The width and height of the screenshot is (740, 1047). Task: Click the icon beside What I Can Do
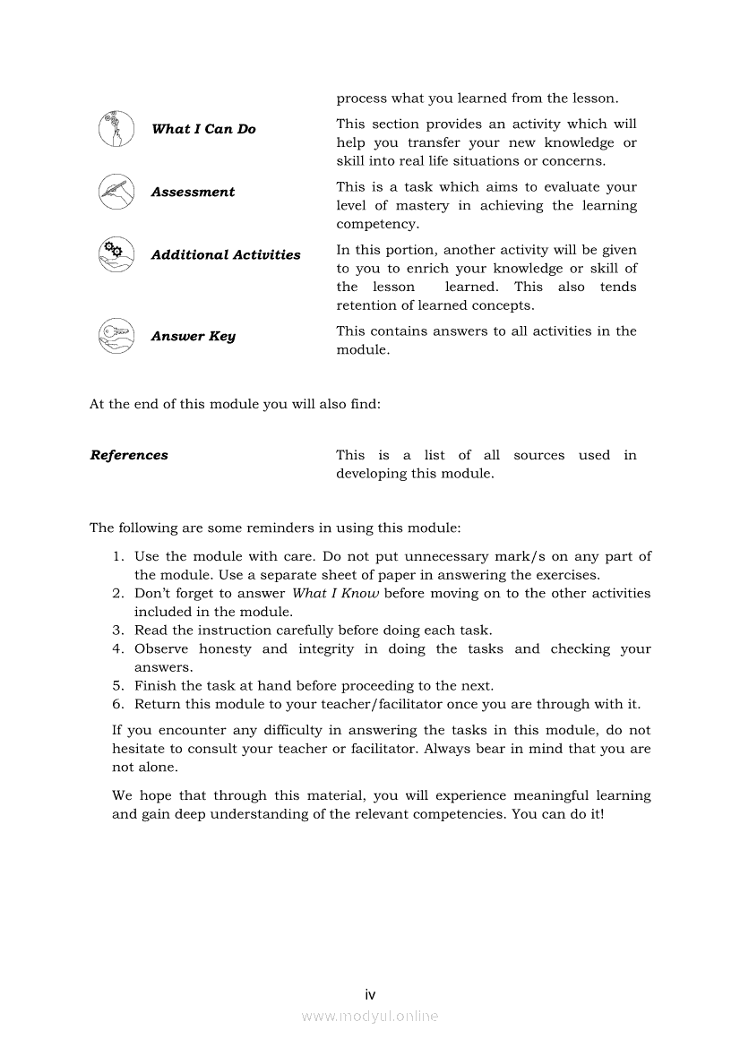116,129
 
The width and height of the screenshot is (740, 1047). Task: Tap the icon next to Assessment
116,192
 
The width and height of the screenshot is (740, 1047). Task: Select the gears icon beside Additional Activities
116,254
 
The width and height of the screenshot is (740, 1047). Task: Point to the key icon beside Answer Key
116,336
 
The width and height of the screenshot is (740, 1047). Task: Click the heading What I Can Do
203,129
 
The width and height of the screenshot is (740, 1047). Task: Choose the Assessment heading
193,192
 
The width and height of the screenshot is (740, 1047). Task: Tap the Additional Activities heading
226,255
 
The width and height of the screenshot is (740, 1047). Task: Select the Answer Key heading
193,337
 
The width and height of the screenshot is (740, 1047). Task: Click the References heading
129,455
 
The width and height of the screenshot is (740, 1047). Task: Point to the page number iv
370,994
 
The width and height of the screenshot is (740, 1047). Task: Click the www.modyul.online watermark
370,1016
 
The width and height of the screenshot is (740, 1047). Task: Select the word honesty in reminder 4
226,649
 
